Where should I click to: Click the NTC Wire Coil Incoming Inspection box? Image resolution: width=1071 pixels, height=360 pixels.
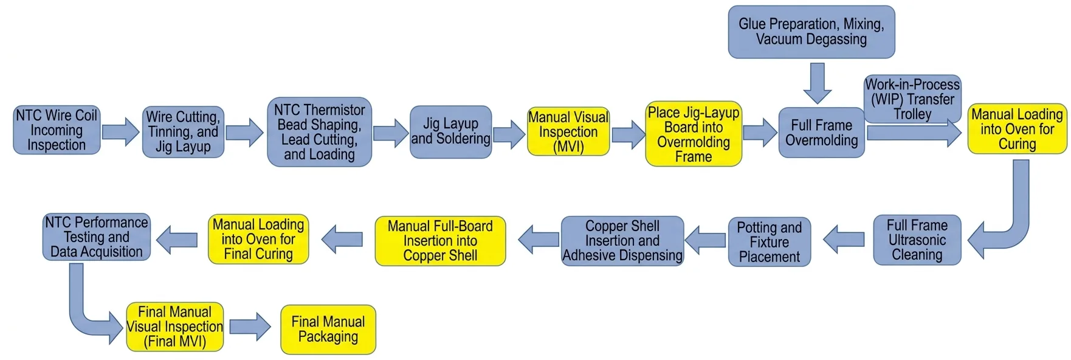tap(57, 130)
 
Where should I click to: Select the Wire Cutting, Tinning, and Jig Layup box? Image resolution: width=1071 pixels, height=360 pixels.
tap(183, 132)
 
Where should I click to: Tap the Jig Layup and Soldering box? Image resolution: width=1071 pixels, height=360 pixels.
tap(450, 132)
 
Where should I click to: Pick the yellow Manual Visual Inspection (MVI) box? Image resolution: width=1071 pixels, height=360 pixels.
tap(568, 132)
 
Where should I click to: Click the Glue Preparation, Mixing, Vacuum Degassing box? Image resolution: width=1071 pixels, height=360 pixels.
tap(811, 32)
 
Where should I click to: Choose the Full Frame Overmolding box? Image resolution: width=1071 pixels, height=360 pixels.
tap(821, 133)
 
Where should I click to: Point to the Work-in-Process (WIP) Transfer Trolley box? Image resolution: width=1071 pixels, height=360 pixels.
tap(912, 99)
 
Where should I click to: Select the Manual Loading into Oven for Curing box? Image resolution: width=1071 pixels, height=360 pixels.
tap(1017, 129)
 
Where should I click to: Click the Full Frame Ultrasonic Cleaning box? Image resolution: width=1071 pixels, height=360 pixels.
tap(917, 240)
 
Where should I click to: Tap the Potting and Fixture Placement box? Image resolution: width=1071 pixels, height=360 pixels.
tap(769, 242)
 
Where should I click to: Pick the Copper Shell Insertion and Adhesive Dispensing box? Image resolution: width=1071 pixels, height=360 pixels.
tap(622, 241)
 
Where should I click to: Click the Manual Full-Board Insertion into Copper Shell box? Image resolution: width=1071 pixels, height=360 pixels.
tap(440, 241)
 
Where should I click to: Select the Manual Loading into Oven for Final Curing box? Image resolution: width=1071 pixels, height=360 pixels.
tap(258, 239)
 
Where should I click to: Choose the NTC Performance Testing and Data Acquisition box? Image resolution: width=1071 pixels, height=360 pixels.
tap(97, 237)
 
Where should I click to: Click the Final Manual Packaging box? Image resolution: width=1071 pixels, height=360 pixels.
tap(328, 329)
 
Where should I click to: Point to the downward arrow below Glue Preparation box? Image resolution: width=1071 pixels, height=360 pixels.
tap(817, 83)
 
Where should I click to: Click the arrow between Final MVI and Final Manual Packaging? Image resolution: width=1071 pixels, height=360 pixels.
tap(250, 327)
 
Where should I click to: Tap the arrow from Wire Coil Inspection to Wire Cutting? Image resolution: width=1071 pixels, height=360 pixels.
tap(120, 132)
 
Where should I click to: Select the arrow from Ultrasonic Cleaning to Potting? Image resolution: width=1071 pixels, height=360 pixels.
tap(844, 239)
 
